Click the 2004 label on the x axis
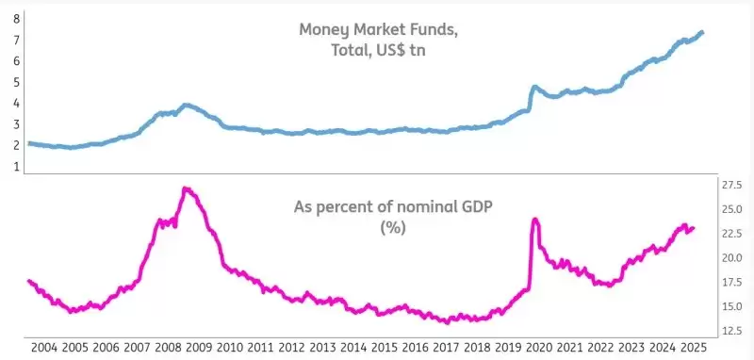click(x=44, y=348)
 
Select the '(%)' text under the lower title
click(x=391, y=228)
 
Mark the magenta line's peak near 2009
click(x=186, y=188)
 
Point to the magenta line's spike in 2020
click(x=535, y=220)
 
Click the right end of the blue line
click(x=702, y=32)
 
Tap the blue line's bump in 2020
click(x=534, y=88)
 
